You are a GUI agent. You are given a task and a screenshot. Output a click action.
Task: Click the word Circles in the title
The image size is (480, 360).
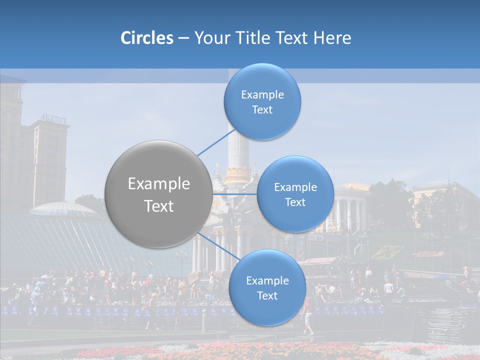click(x=146, y=38)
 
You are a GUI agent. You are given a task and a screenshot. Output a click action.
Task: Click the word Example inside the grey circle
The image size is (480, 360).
click(x=159, y=184)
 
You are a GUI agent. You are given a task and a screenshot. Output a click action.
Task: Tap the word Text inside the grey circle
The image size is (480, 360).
click(x=159, y=206)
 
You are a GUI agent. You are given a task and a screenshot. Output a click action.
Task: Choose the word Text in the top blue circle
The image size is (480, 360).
click(x=262, y=110)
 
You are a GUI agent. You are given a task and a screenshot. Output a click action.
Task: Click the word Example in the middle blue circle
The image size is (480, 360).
click(x=295, y=187)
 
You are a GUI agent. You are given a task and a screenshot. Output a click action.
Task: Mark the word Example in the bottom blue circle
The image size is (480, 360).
click(x=267, y=281)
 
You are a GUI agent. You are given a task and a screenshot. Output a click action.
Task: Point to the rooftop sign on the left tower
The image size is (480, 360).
click(x=53, y=118)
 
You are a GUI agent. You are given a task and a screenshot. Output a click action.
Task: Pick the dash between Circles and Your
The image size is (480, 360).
click(x=183, y=38)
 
